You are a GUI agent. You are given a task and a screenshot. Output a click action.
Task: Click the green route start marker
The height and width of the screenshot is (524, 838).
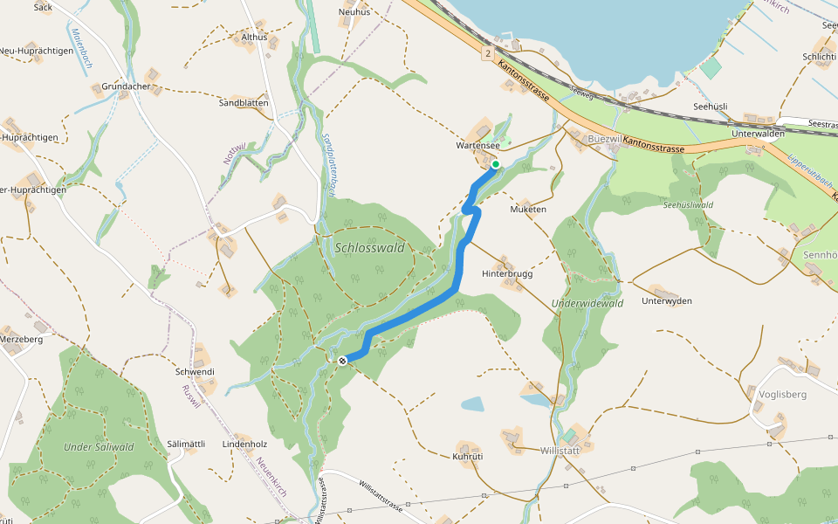pos(495,164)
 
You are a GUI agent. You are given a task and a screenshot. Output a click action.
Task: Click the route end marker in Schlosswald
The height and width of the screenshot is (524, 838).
pos(342,360)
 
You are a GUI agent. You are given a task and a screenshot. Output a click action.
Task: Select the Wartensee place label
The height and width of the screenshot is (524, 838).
pos(477,146)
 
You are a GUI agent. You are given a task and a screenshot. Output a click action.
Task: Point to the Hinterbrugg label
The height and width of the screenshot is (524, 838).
pos(507,273)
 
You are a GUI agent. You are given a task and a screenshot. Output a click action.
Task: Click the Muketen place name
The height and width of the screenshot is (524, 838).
pos(528,210)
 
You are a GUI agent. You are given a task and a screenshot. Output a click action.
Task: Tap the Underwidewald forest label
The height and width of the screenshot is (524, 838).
pos(587,304)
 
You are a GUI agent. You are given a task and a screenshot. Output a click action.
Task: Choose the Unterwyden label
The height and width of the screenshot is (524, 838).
pos(666,301)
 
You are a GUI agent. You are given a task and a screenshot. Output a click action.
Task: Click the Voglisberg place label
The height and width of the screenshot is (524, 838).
pos(783,395)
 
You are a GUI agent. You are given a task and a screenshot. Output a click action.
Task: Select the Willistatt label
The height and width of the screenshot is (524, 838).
pos(560,451)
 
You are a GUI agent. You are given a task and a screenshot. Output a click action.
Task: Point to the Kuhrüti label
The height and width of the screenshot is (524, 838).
pos(469,457)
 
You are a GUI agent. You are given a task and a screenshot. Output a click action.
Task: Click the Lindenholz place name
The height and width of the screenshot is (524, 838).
pos(244,444)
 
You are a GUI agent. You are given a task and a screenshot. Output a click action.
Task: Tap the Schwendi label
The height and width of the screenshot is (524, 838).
pos(195,372)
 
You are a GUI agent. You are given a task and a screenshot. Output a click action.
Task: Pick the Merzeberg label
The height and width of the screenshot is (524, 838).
pos(22,339)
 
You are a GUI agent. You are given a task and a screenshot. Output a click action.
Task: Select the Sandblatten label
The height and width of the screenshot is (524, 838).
pos(244,103)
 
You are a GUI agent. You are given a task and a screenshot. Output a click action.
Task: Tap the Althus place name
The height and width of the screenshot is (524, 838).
pos(254,38)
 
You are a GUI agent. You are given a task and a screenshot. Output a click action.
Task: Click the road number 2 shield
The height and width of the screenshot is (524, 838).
pos(485,53)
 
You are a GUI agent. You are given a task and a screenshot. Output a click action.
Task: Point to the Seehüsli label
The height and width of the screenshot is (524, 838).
pos(711,106)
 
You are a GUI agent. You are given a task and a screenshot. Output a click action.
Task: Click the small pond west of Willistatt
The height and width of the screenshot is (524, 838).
pos(471,403)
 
